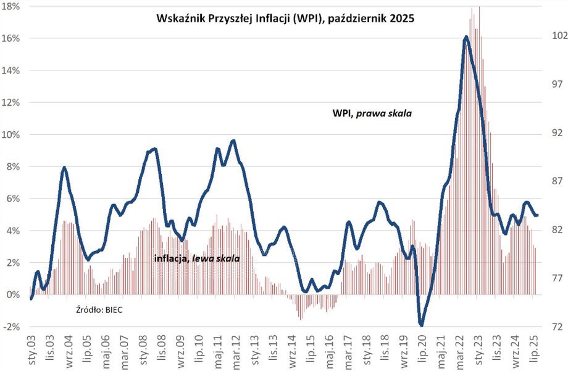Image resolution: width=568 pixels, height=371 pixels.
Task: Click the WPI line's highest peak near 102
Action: [x=466, y=38]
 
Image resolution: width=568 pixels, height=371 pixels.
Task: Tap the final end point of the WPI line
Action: [x=537, y=215]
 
